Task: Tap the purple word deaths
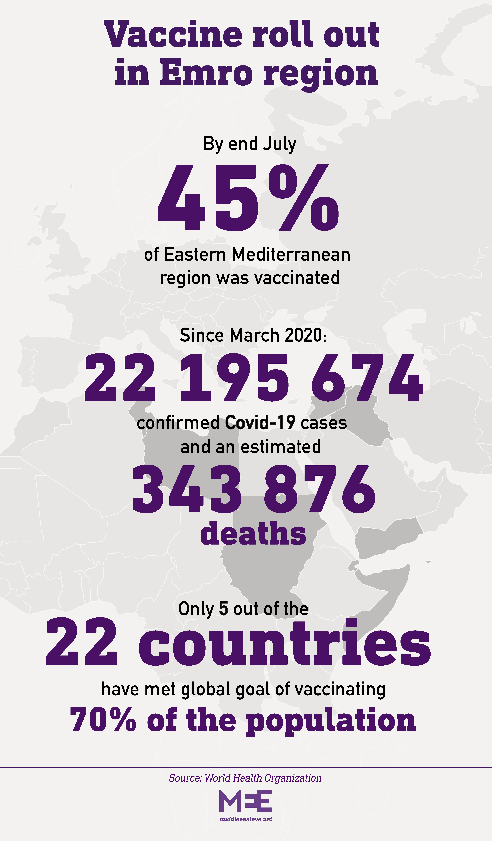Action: [x=253, y=533]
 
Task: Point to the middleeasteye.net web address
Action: [x=245, y=819]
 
